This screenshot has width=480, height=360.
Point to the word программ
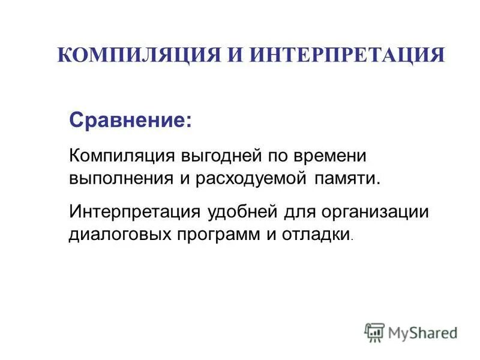(x=215, y=234)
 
